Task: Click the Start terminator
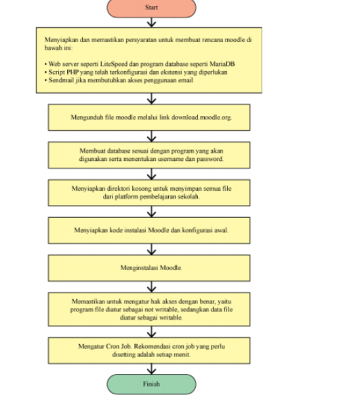[x=151, y=7]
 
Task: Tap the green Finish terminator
[x=151, y=384]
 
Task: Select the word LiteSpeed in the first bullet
[x=114, y=64]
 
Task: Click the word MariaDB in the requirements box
[x=222, y=64]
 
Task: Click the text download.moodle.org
[x=201, y=117]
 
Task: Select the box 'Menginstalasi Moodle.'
[x=149, y=268]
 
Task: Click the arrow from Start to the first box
[x=151, y=22]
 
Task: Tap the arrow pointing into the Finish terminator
[x=151, y=369]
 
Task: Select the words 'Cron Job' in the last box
[x=118, y=346]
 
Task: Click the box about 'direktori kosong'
[x=149, y=193]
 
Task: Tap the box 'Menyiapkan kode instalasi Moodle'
[x=149, y=230]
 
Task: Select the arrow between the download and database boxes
[x=151, y=136]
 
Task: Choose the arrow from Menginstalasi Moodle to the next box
[x=151, y=287]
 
